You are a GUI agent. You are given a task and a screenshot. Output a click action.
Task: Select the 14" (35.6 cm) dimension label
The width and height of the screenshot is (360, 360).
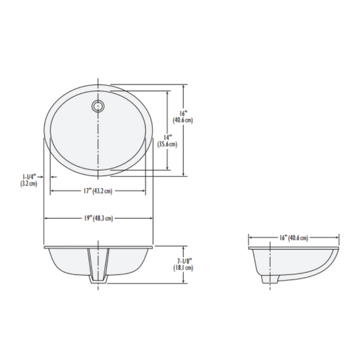[x=167, y=141]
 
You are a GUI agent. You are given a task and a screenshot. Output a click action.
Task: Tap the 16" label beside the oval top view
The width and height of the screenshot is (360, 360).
[x=183, y=112]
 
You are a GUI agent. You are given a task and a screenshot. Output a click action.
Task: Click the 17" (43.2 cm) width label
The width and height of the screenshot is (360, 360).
[x=97, y=191]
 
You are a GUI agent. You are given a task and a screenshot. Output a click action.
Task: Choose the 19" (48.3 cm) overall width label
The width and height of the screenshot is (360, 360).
[x=99, y=218]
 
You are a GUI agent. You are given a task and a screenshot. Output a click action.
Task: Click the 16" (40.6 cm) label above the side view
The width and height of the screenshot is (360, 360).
[x=294, y=238]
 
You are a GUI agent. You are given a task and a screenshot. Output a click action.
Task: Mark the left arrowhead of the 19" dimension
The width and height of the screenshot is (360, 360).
[x=46, y=218]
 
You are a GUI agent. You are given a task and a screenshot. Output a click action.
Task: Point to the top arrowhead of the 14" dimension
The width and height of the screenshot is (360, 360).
[x=167, y=92]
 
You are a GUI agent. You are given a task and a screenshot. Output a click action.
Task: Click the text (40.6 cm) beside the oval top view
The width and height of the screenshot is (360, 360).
[x=183, y=120]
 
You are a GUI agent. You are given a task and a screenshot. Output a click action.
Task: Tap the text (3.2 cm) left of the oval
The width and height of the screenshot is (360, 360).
[x=28, y=183]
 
